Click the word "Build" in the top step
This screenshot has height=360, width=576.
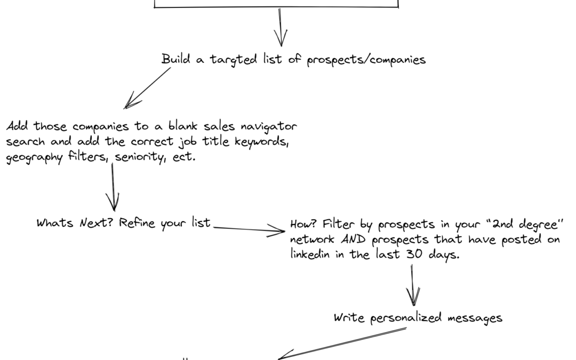click(x=175, y=59)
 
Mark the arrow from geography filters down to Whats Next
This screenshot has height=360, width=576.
click(x=113, y=187)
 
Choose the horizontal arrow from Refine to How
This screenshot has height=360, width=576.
click(x=249, y=230)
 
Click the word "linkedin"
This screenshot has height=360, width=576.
click(x=314, y=255)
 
